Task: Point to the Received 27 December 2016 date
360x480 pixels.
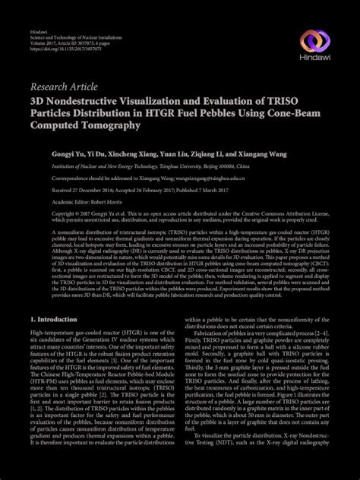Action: pyautogui.click(x=83, y=190)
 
